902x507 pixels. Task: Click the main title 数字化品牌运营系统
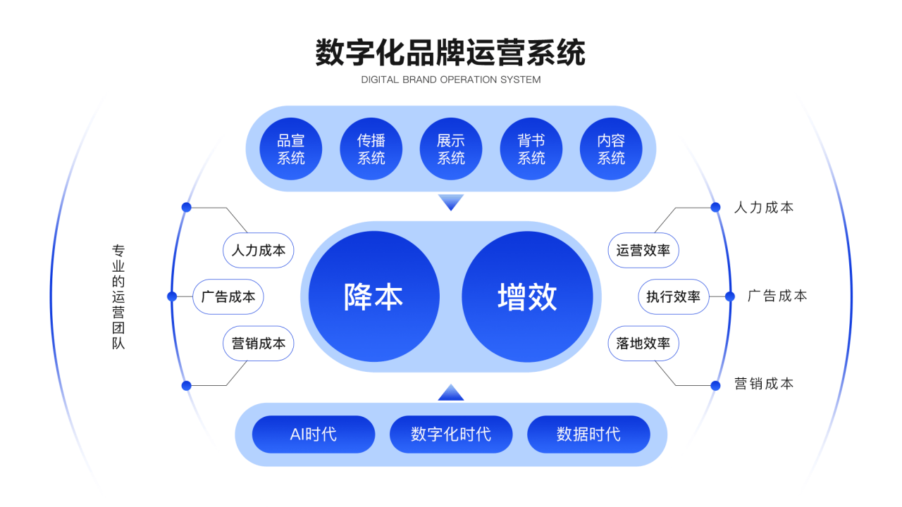click(450, 52)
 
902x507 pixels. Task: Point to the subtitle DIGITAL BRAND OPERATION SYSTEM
click(450, 80)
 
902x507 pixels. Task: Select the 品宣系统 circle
click(291, 149)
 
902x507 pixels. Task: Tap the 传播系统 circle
click(371, 149)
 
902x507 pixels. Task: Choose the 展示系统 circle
click(450, 149)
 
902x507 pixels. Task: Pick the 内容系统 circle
click(611, 149)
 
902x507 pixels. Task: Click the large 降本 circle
click(373, 296)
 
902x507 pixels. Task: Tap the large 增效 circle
click(527, 296)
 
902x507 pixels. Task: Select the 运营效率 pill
click(643, 250)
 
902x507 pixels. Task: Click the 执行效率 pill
click(673, 296)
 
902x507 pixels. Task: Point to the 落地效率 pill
click(643, 343)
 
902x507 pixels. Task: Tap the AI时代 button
click(314, 434)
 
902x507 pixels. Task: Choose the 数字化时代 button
click(451, 434)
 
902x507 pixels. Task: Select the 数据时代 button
click(588, 434)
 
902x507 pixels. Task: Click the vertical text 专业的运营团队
click(118, 297)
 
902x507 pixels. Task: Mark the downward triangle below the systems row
click(451, 201)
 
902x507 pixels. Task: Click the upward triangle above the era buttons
click(451, 393)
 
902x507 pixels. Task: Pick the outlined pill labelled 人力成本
click(258, 250)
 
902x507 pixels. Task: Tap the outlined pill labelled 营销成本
click(258, 343)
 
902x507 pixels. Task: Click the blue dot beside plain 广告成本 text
click(729, 296)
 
